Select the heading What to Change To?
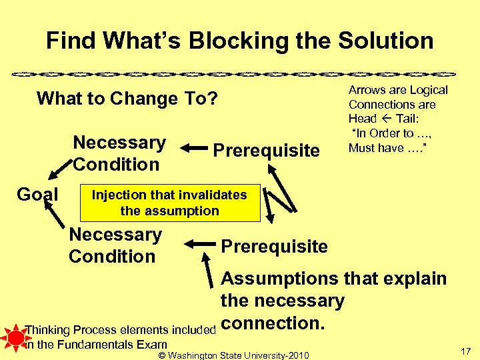point(127,99)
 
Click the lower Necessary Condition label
point(115,245)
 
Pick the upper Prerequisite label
point(266,151)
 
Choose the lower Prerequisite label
point(274,246)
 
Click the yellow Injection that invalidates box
point(169,203)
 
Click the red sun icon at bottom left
point(13,337)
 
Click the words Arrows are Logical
point(398,90)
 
